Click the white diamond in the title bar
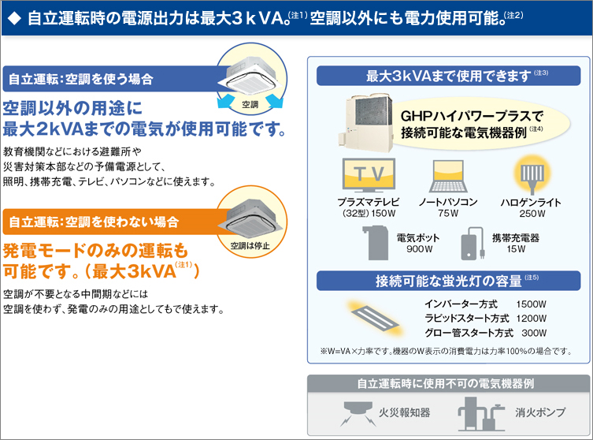(x=14, y=19)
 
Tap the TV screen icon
(x=369, y=175)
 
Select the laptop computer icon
(x=448, y=177)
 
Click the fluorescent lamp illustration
(x=374, y=317)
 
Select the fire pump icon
(x=481, y=414)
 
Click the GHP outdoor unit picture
(x=366, y=121)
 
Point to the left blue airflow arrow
(x=227, y=102)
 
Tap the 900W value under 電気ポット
(x=419, y=249)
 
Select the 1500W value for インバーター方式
(x=531, y=304)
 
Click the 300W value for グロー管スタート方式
(x=534, y=333)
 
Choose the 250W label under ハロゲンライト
(x=532, y=214)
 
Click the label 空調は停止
(x=250, y=246)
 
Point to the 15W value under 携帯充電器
(x=516, y=249)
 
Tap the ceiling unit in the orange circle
(x=250, y=220)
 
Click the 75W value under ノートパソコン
(x=448, y=214)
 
